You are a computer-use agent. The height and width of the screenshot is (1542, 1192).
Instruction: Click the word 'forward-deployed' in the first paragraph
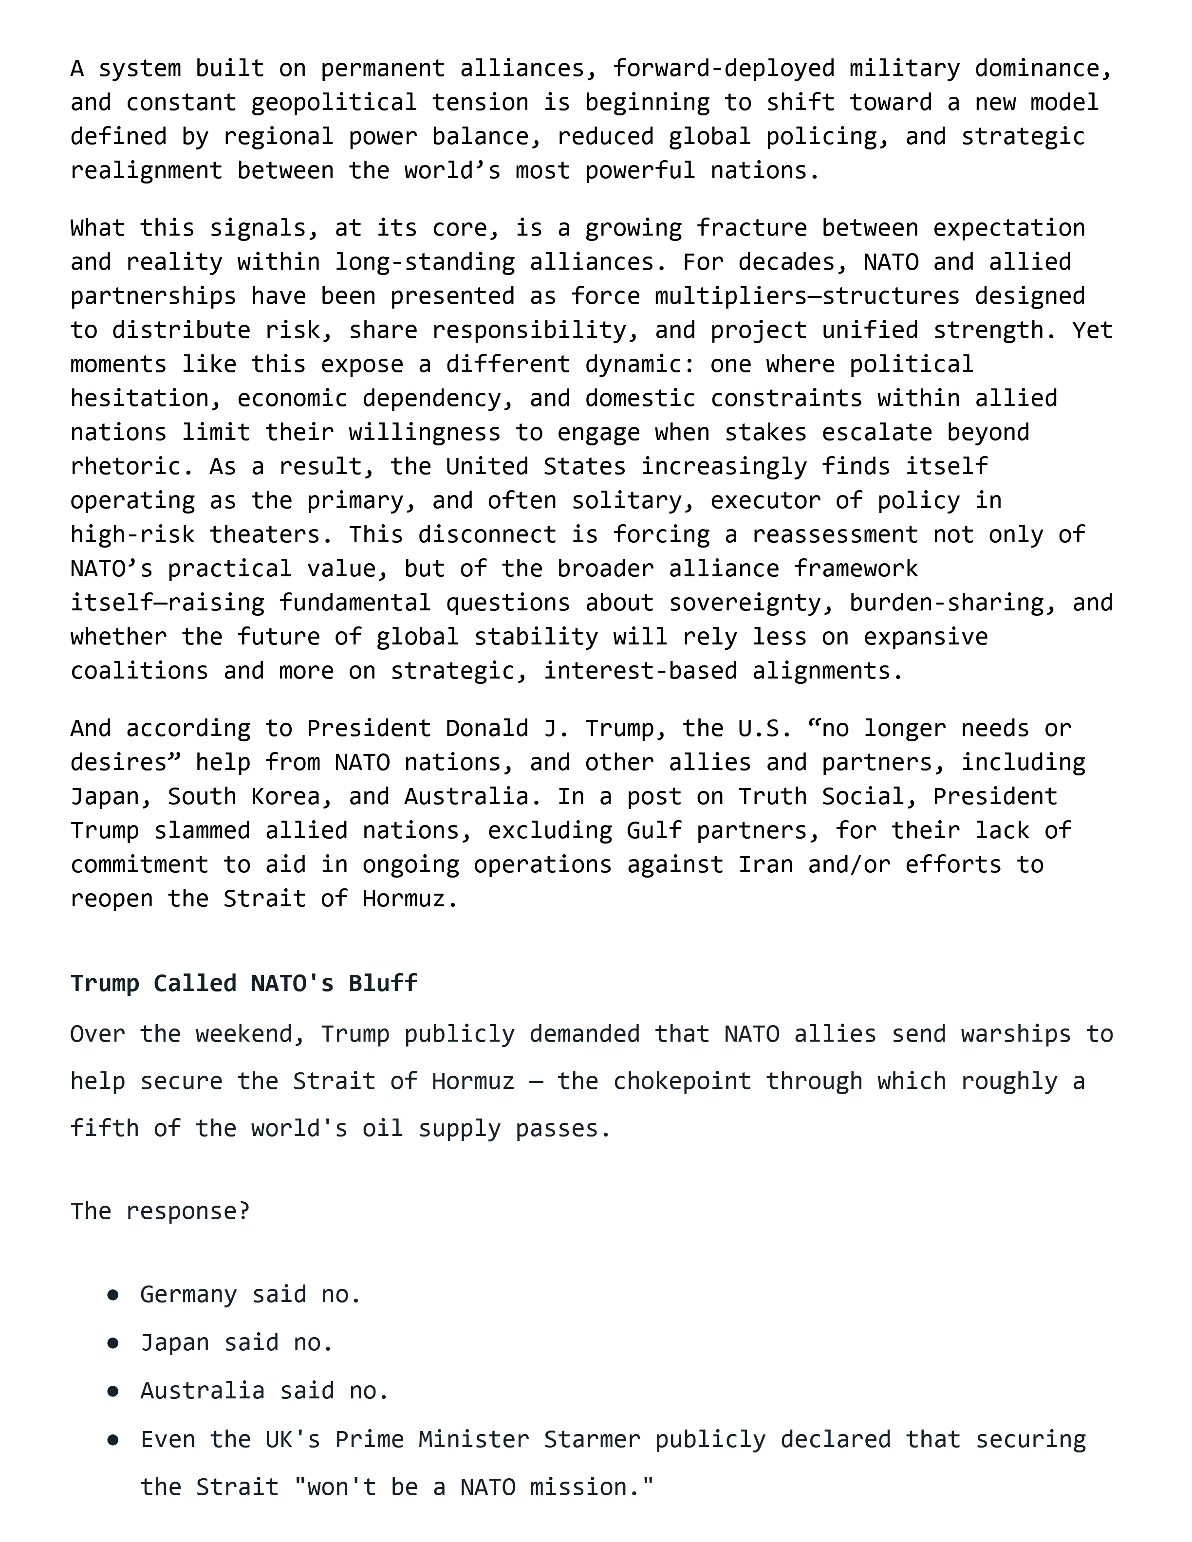pos(723,69)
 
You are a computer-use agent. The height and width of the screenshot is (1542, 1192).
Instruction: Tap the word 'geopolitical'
pos(334,102)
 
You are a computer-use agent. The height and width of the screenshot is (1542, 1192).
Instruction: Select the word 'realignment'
pos(146,171)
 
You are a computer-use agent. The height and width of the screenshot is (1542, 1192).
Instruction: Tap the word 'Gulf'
pos(654,831)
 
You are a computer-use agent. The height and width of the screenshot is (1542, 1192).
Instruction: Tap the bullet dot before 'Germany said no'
pos(112,1295)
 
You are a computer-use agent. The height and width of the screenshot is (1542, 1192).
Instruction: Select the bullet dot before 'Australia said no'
pos(112,1391)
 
